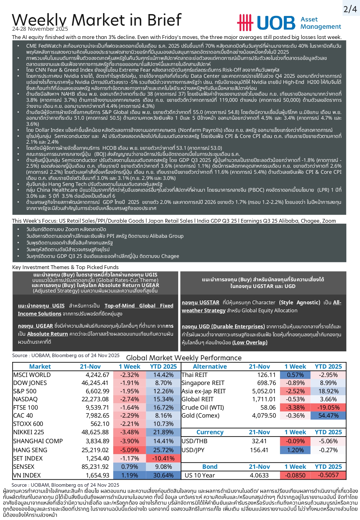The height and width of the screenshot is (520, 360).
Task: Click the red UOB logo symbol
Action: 245,22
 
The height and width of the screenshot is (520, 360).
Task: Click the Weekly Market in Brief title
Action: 97,20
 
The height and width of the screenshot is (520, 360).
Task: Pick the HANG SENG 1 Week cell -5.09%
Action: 130,450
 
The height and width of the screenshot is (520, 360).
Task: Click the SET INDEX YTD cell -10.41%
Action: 164,458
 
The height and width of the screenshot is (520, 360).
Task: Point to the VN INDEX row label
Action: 27,475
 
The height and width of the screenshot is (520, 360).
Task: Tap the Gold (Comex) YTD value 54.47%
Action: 328,415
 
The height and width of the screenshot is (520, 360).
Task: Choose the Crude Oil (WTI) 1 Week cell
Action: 295,407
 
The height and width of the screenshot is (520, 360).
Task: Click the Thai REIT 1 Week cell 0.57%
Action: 295,375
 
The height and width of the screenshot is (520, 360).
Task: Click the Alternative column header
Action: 210,366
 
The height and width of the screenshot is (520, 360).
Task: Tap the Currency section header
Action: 210,432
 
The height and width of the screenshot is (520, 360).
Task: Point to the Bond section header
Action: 210,467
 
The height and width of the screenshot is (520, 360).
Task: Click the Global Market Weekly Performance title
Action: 184,358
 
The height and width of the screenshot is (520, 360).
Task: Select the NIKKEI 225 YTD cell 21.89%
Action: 164,432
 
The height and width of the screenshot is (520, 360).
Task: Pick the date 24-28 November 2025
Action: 40,29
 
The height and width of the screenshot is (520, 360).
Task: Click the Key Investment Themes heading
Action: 65,267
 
